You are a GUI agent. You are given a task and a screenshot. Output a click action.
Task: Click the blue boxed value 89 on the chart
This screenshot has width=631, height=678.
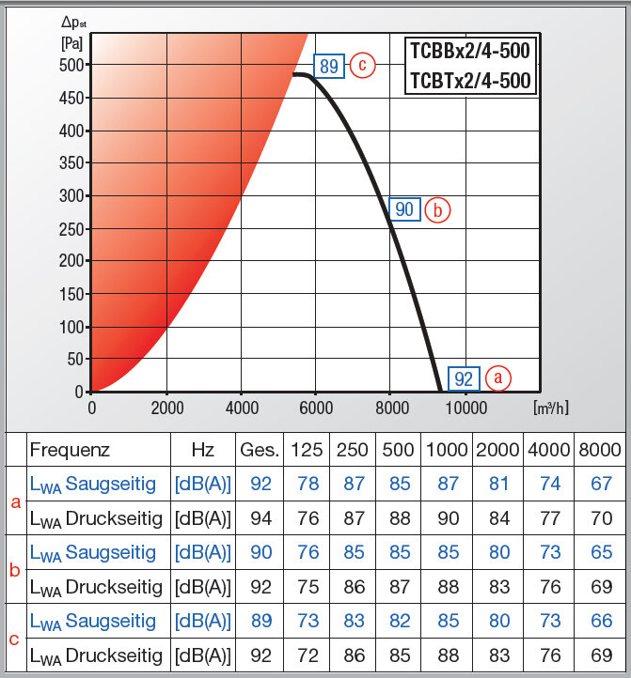(x=328, y=66)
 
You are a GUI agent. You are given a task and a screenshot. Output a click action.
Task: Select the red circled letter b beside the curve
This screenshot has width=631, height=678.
(x=437, y=209)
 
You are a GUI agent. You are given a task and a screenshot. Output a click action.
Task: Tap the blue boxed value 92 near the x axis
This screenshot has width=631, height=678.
(x=464, y=378)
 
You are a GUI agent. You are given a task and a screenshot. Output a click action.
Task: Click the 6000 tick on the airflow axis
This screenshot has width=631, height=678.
(x=317, y=408)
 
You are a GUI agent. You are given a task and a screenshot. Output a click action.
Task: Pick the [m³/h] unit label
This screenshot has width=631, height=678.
(x=550, y=408)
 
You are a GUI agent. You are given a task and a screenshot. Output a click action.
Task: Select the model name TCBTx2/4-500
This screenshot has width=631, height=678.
(x=470, y=82)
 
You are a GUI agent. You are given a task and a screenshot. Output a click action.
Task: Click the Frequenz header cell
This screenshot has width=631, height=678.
(x=71, y=450)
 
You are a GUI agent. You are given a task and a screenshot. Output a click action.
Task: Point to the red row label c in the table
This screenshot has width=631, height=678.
(x=14, y=639)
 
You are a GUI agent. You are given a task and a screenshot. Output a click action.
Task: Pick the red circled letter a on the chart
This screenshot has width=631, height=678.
(x=497, y=378)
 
